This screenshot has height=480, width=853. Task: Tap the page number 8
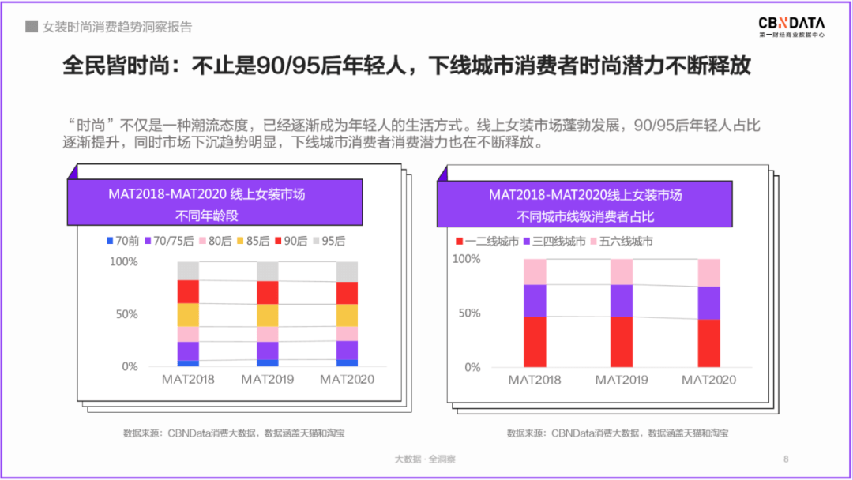click(786, 459)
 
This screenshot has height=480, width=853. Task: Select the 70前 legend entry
click(123, 242)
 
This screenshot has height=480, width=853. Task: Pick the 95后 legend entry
click(329, 242)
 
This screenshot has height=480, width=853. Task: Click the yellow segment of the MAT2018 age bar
click(188, 315)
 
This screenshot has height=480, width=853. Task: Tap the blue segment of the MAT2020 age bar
click(347, 363)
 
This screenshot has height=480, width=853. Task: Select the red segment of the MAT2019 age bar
click(268, 292)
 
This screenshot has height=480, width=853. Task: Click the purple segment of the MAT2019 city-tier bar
click(622, 301)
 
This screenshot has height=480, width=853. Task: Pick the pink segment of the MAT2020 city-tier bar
click(708, 272)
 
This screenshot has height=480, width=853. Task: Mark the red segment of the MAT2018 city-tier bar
click(535, 342)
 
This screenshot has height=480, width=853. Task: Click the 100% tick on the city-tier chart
click(466, 260)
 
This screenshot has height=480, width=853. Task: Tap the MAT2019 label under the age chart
click(267, 380)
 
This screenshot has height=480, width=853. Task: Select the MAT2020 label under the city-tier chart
click(708, 381)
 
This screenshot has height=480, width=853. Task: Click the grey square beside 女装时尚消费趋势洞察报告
click(32, 27)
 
